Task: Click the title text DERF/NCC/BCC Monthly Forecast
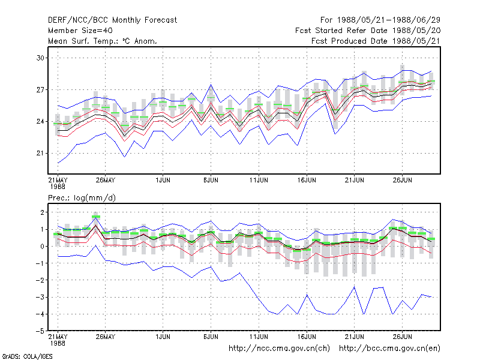click(x=112, y=20)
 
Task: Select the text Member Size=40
click(x=80, y=31)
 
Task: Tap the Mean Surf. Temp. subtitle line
click(x=103, y=41)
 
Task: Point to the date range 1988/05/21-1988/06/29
click(x=388, y=20)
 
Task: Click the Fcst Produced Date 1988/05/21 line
click(x=376, y=41)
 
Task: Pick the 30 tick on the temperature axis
click(x=40, y=58)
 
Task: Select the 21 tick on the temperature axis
click(x=40, y=153)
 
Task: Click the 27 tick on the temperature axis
click(x=40, y=89)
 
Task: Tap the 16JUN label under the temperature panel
click(x=307, y=180)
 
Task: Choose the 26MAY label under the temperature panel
click(x=106, y=180)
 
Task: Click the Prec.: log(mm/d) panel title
click(x=82, y=198)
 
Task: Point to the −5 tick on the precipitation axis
click(x=40, y=331)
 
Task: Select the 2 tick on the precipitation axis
click(x=42, y=212)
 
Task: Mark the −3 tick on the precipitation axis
click(x=40, y=297)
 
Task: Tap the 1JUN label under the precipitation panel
click(x=163, y=337)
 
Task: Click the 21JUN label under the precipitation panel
click(x=355, y=337)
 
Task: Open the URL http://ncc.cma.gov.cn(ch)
click(x=279, y=349)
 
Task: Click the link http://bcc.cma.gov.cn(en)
click(x=389, y=349)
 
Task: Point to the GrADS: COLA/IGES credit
click(x=27, y=356)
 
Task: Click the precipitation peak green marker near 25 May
click(x=96, y=217)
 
